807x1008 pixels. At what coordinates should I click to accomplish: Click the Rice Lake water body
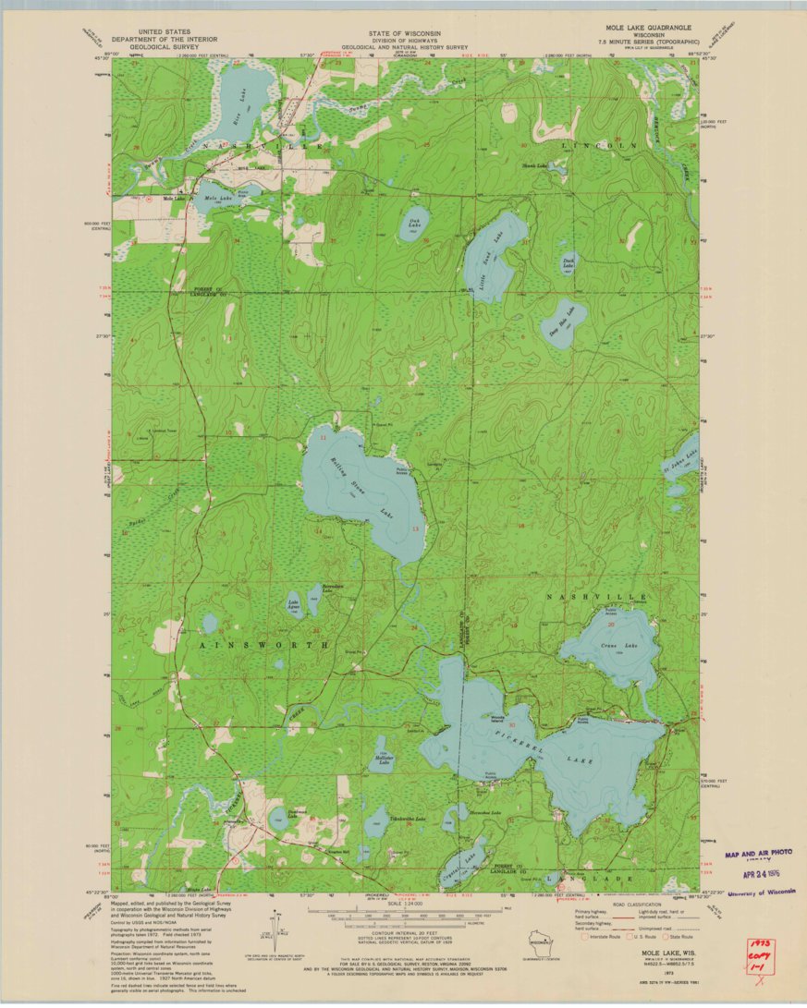243,99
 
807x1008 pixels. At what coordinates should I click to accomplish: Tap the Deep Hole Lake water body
563,322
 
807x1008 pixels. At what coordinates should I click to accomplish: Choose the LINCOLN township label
605,146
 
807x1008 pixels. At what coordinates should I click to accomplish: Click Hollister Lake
383,757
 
